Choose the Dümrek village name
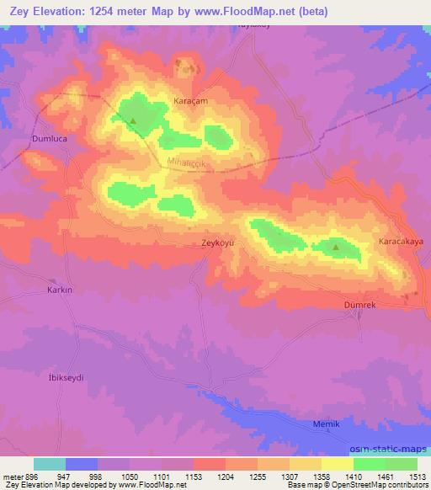(359, 305)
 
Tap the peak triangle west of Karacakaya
(336, 247)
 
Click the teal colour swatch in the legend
(49, 463)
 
